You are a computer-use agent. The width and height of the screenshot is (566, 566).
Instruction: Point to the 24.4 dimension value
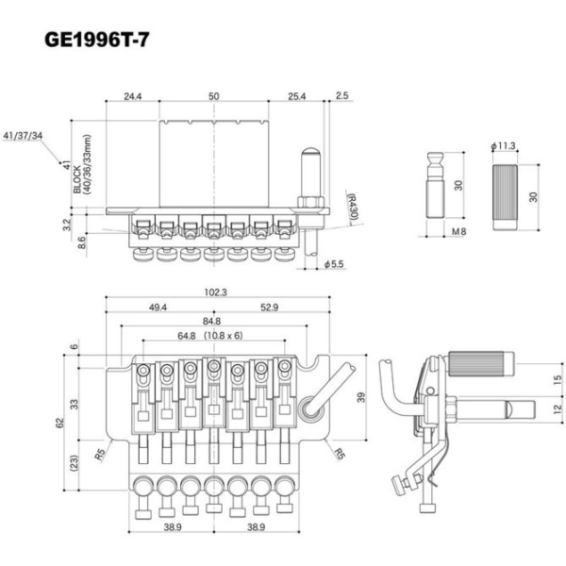tap(132, 96)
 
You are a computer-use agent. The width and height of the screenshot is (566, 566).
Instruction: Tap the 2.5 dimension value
tap(341, 96)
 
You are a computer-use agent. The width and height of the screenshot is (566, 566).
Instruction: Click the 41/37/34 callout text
tap(48, 136)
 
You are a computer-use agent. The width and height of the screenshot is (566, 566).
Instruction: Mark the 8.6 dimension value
tap(82, 242)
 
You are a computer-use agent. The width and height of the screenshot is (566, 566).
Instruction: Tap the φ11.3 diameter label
tap(503, 146)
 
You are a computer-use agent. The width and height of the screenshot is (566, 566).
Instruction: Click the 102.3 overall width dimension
tap(216, 292)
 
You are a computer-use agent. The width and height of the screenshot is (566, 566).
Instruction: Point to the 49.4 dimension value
tap(158, 308)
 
